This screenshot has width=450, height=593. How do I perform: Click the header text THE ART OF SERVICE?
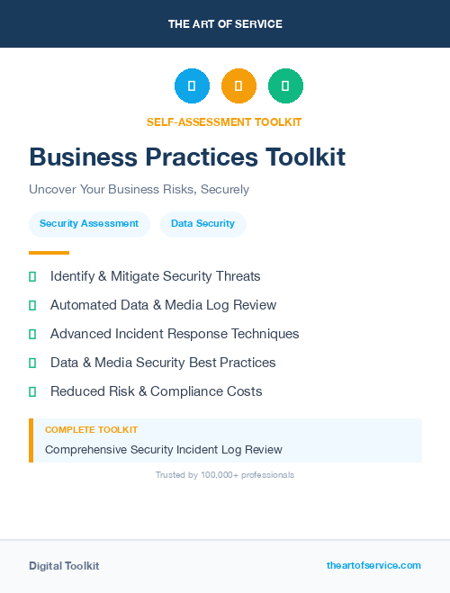tap(225, 24)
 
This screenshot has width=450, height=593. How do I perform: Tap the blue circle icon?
tap(192, 86)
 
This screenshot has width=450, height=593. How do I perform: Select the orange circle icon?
tap(238, 86)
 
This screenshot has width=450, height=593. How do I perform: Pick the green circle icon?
tap(285, 86)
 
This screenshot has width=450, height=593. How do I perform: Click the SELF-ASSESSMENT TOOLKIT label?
tap(224, 121)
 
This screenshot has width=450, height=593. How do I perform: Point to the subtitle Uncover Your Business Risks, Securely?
tap(139, 190)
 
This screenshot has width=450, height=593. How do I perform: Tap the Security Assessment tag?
tap(89, 223)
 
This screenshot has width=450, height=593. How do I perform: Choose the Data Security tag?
tap(202, 223)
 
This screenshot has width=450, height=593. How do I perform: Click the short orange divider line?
tap(49, 253)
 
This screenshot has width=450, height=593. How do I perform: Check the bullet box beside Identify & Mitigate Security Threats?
tap(32, 276)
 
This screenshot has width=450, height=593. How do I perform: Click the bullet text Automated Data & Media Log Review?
tap(163, 305)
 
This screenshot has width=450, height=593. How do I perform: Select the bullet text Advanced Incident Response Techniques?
tap(175, 334)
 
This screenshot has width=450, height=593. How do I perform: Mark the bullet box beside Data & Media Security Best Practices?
tap(32, 363)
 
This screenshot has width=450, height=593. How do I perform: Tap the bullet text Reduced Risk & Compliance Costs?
tap(156, 391)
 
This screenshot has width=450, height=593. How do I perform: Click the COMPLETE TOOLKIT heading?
tap(91, 430)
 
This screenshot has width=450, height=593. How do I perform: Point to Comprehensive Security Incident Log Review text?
tap(163, 449)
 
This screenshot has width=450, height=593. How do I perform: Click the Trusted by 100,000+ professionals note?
tap(225, 474)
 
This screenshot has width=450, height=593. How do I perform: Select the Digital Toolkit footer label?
tap(64, 566)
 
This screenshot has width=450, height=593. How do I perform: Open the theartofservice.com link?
tap(373, 565)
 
